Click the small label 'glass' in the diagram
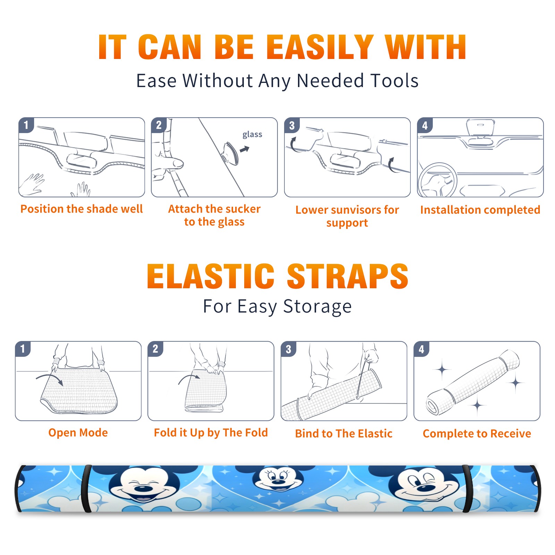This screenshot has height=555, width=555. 252,135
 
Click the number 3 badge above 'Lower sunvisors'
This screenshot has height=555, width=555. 292,125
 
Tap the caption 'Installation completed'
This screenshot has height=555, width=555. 480,210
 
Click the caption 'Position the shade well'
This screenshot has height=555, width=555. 82,209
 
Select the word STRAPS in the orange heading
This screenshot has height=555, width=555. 348,276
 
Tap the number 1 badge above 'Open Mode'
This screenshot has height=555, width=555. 23,349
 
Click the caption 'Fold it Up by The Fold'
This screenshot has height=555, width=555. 211,433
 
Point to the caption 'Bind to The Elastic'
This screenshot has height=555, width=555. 344,433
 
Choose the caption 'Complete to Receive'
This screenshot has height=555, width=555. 477,433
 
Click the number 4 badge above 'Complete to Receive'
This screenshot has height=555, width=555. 421,349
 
